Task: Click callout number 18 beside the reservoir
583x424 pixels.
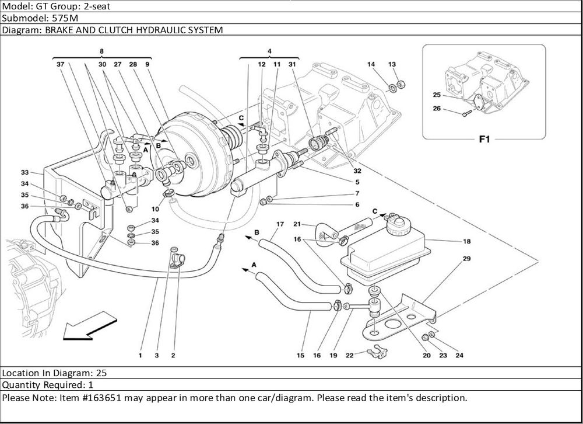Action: [x=466, y=241]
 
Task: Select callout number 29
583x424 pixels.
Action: [x=466, y=259]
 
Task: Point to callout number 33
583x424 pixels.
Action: [x=24, y=172]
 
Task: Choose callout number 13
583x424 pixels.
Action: [x=392, y=64]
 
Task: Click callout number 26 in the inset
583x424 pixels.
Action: [x=437, y=108]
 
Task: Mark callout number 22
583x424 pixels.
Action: [x=349, y=355]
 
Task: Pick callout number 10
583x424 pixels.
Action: [x=156, y=208]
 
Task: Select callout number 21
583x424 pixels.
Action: [x=297, y=224]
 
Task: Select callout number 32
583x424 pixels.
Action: [x=357, y=171]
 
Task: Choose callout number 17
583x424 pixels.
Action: [x=280, y=224]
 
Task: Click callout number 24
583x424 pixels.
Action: [x=459, y=355]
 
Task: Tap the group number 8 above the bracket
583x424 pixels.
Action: [x=102, y=51]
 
